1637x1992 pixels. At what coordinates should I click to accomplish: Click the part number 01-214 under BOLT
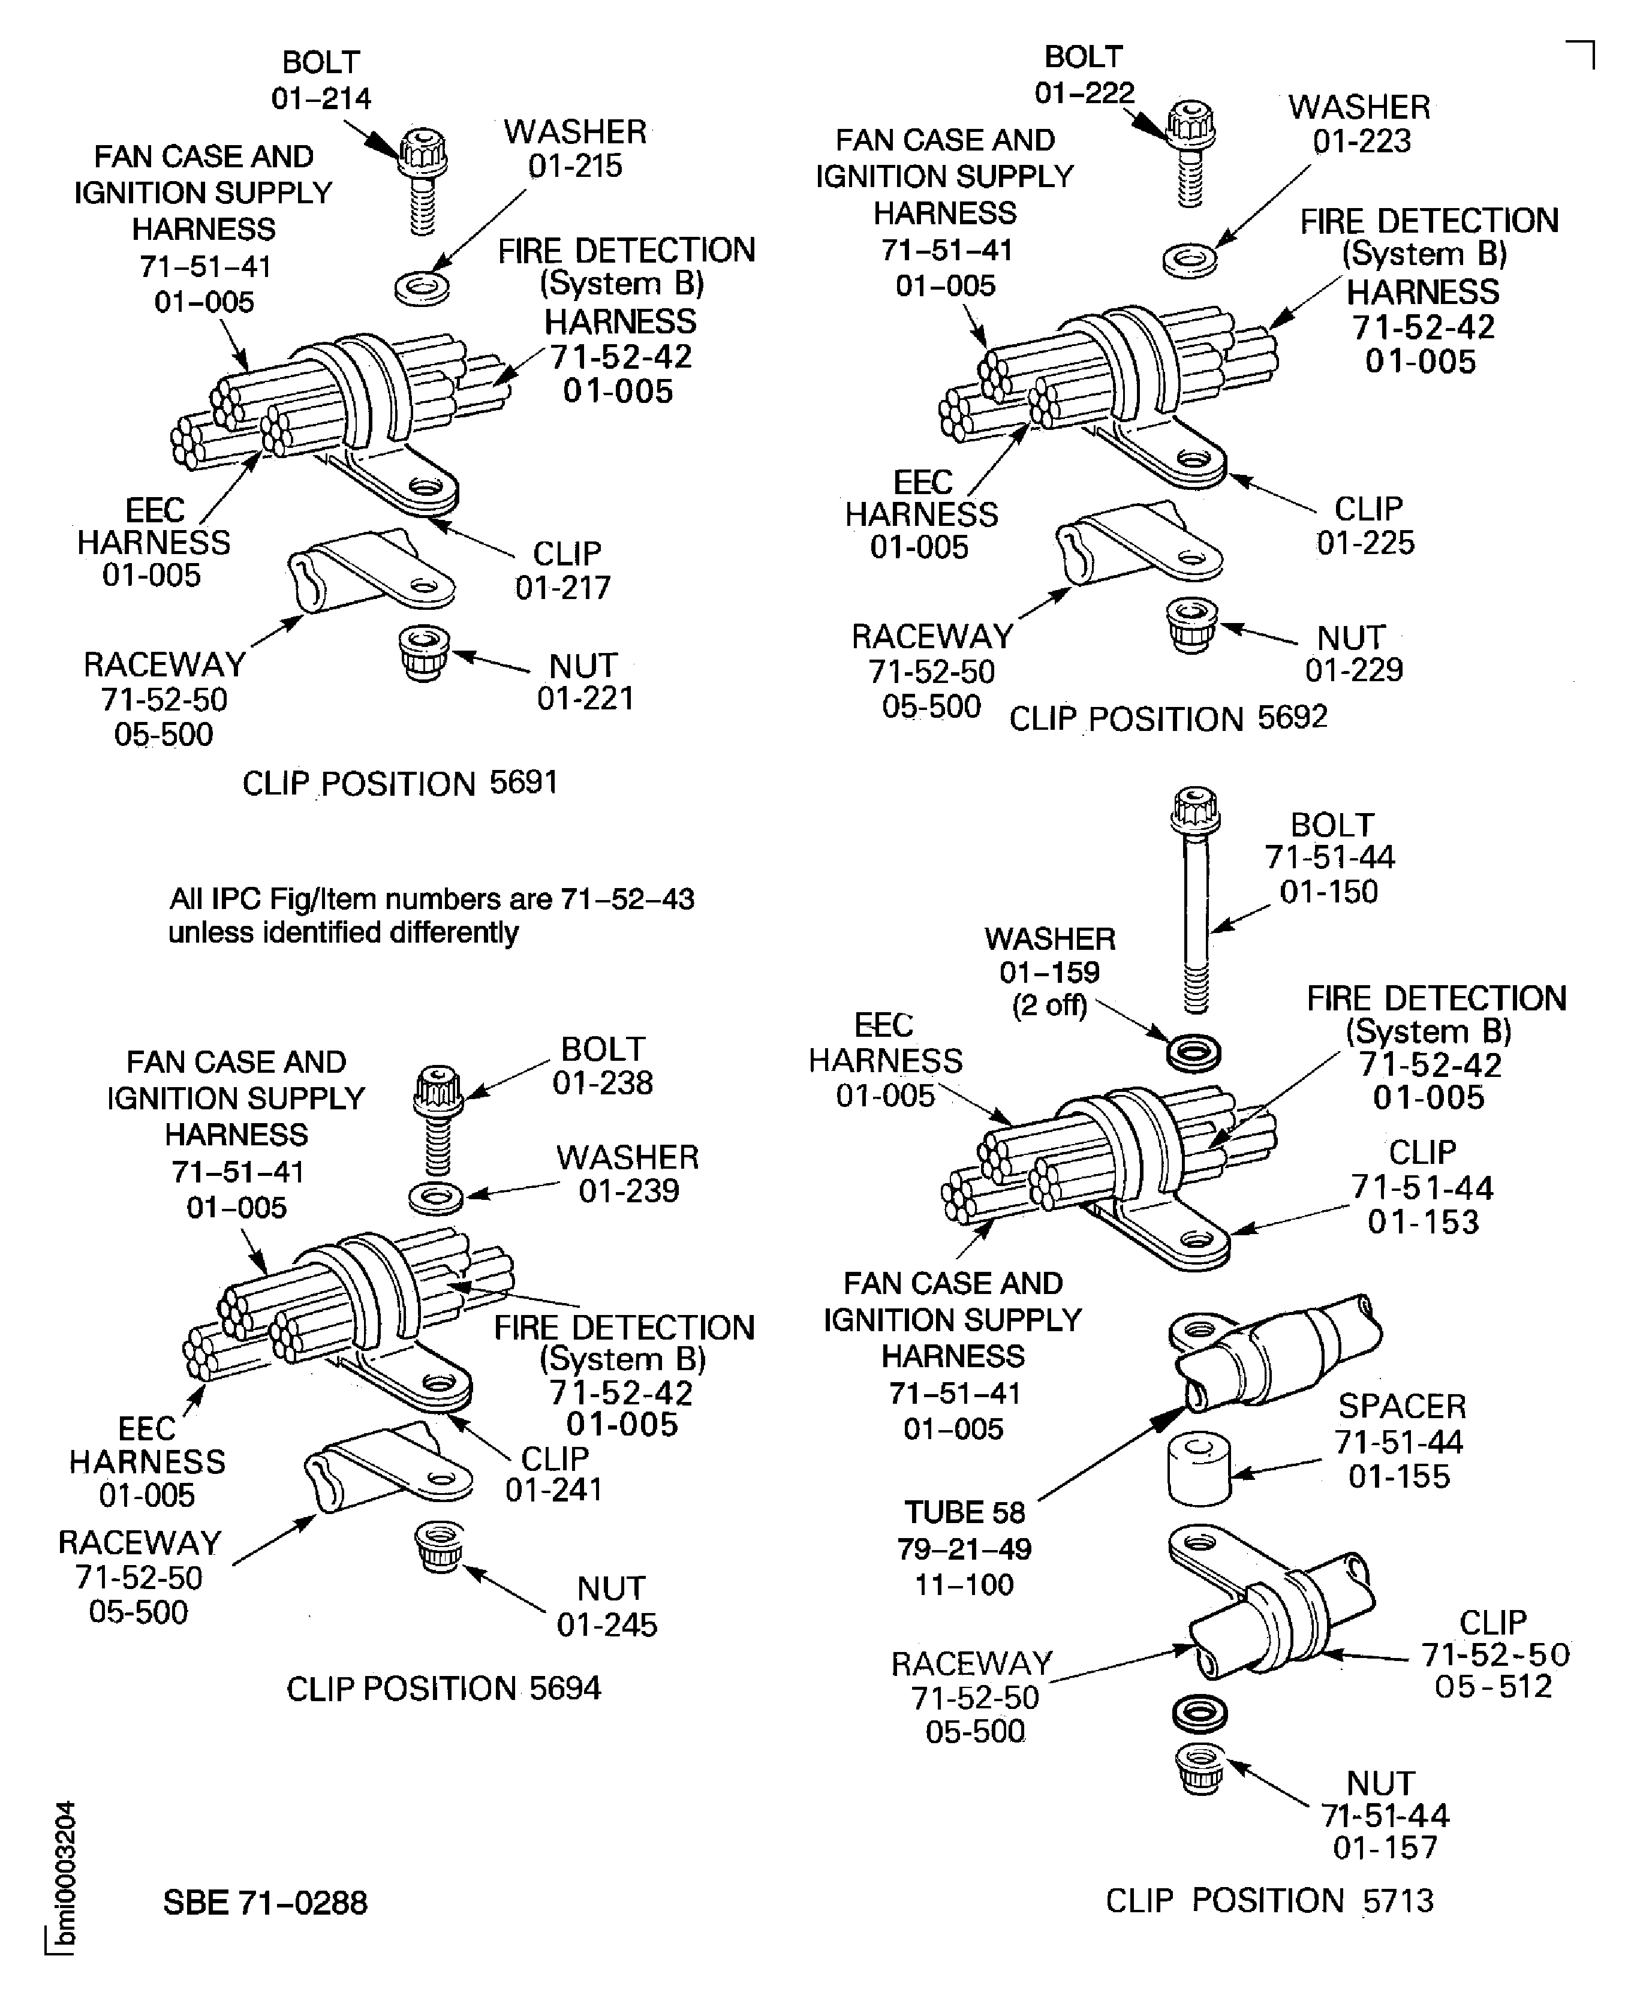click(x=321, y=98)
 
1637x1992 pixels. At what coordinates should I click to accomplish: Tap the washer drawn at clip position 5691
click(x=422, y=288)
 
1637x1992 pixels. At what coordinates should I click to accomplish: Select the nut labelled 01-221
click(x=422, y=651)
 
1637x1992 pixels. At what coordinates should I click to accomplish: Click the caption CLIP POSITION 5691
click(x=400, y=783)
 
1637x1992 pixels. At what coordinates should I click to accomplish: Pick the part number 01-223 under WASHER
click(x=1362, y=142)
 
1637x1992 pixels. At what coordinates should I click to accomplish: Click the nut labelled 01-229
click(x=1191, y=624)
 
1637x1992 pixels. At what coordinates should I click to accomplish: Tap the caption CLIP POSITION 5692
click(x=1167, y=718)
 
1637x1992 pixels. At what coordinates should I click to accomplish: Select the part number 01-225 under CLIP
click(x=1365, y=543)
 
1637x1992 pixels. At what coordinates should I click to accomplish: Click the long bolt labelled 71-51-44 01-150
click(x=1194, y=905)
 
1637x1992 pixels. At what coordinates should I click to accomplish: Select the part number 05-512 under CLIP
click(x=1492, y=1686)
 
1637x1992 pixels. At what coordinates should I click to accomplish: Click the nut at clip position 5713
click(x=1199, y=1768)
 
